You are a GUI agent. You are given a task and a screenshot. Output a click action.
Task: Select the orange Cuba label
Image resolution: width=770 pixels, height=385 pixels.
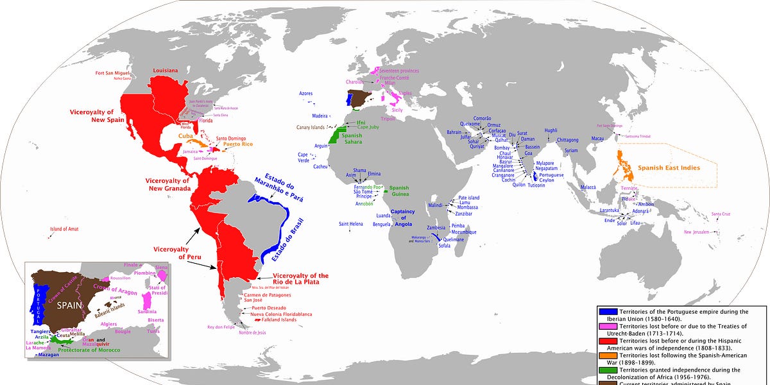(x=185, y=136)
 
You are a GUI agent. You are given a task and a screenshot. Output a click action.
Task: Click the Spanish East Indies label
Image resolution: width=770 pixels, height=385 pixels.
(x=667, y=167)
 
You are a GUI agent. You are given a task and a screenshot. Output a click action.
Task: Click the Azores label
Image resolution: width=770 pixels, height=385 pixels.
(x=306, y=94)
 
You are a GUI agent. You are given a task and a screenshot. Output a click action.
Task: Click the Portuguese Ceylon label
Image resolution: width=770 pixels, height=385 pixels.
(x=551, y=178)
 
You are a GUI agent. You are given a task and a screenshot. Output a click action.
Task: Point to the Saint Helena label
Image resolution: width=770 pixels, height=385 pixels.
(x=352, y=223)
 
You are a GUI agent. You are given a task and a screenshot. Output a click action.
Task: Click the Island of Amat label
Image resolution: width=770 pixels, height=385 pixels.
(x=64, y=229)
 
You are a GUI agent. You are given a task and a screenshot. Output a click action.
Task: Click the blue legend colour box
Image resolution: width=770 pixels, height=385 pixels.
(x=608, y=312)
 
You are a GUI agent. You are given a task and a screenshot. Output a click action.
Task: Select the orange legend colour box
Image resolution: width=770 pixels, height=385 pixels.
(x=608, y=355)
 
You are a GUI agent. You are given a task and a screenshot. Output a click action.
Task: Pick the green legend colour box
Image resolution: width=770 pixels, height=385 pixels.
(x=608, y=370)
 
